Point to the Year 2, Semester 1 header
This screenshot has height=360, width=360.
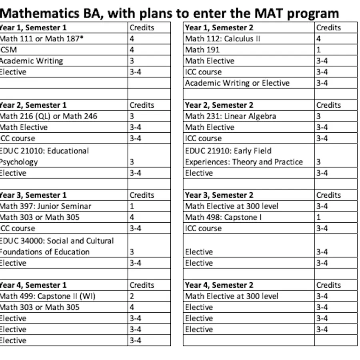(33, 105)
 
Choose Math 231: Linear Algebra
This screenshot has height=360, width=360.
(230, 116)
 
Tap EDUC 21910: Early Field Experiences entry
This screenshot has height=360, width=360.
(244, 156)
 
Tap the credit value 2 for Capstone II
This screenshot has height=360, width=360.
(132, 296)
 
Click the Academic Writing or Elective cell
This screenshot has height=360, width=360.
(237, 83)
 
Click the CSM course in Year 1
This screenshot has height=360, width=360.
(8, 50)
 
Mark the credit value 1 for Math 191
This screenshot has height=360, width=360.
(318, 50)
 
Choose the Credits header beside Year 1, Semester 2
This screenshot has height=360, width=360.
(328, 28)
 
